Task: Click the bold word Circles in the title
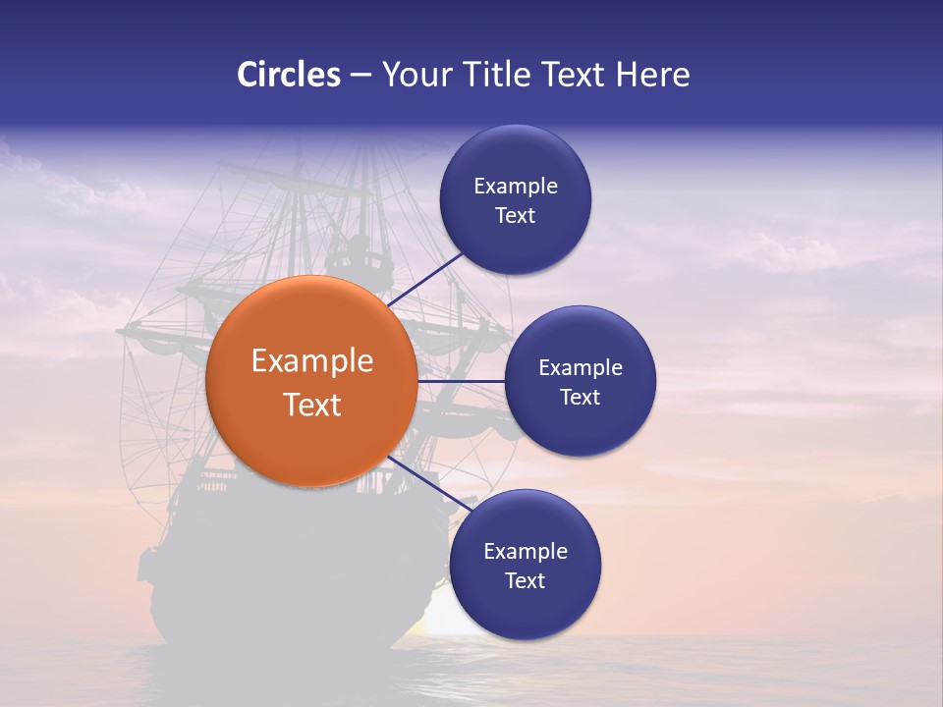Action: click(x=288, y=75)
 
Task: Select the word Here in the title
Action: click(x=653, y=75)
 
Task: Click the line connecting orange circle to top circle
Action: click(x=426, y=279)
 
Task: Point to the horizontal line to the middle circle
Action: click(x=461, y=381)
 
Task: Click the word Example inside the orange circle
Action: click(x=312, y=360)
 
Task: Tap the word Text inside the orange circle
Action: click(x=312, y=405)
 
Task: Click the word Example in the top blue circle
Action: click(x=515, y=186)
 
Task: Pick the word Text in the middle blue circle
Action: click(x=580, y=397)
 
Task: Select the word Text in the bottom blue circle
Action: click(x=525, y=580)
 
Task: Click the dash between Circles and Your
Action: click(x=361, y=76)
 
